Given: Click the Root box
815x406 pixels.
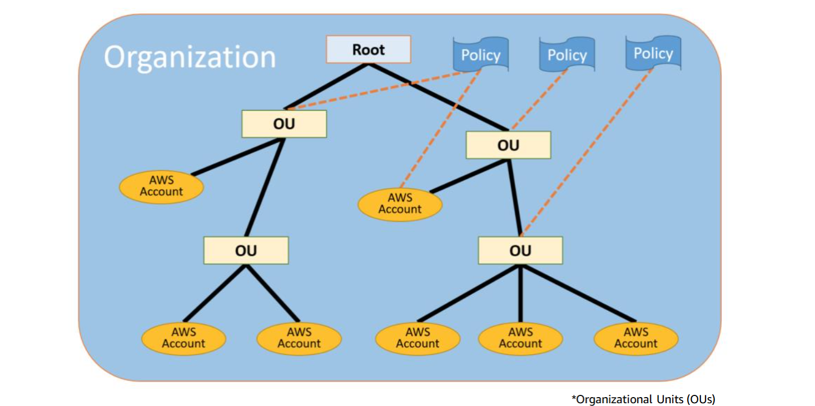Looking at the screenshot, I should pyautogui.click(x=368, y=49).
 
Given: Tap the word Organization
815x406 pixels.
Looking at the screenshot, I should pyautogui.click(x=190, y=57).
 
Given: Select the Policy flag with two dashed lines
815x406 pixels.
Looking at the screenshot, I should pyautogui.click(x=480, y=55).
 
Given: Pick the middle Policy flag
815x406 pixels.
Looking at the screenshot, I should pyautogui.click(x=566, y=55).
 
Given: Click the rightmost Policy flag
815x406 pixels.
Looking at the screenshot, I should pyautogui.click(x=653, y=53).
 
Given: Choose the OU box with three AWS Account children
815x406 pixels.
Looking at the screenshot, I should pyautogui.click(x=520, y=250).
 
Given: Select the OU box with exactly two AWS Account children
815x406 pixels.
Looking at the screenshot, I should pyautogui.click(x=246, y=250).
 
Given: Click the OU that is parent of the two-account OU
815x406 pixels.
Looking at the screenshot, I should pyautogui.click(x=284, y=123).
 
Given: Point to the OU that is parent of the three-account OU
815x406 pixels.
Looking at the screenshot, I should pyautogui.click(x=508, y=145).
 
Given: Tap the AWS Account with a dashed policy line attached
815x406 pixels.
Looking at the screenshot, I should pyautogui.click(x=400, y=204).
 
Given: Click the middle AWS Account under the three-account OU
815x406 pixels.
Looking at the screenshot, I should pyautogui.click(x=520, y=338).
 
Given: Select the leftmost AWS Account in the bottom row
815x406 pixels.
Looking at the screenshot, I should pyautogui.click(x=183, y=338).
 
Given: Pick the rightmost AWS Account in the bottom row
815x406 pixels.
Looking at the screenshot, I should pyautogui.click(x=635, y=338).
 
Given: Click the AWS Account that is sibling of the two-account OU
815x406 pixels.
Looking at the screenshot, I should pyautogui.click(x=161, y=186).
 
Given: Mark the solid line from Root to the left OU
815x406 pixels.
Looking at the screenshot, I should pyautogui.click(x=325, y=86).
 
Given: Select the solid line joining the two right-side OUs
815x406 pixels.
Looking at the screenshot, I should pyautogui.click(x=515, y=197).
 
